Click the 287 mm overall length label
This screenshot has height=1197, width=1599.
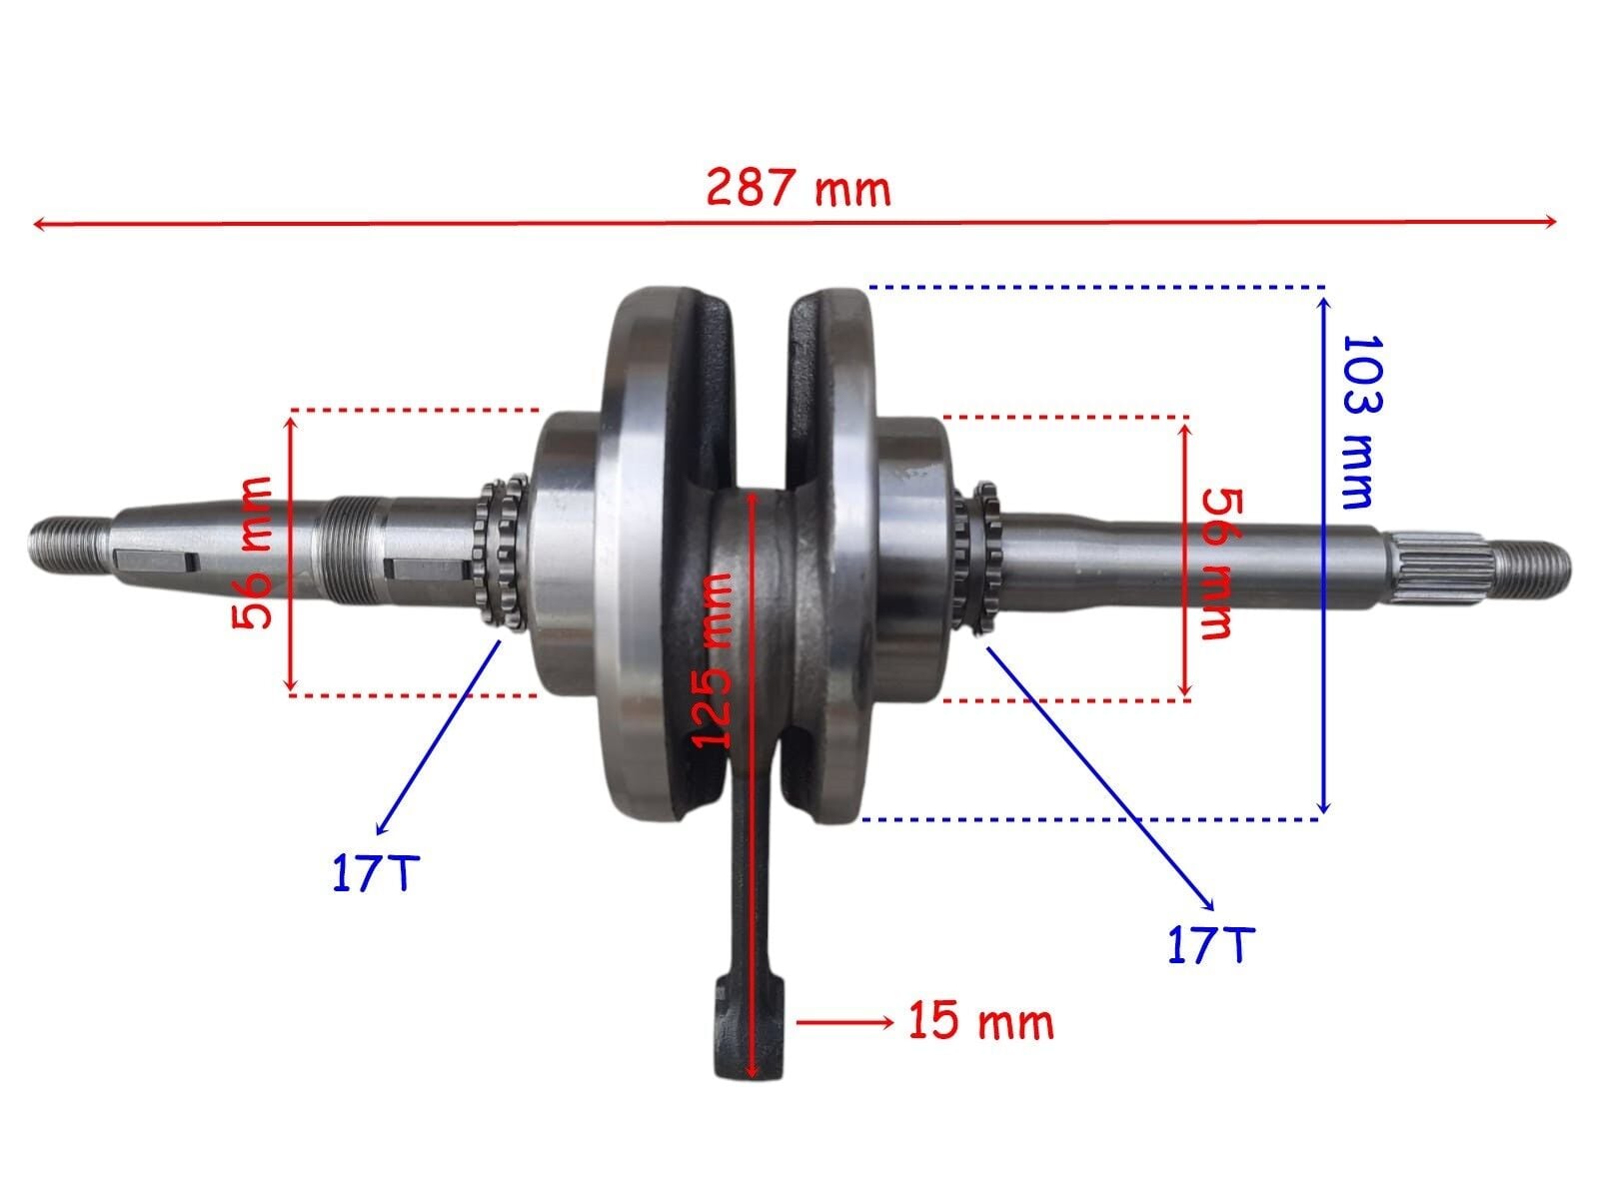point(798,188)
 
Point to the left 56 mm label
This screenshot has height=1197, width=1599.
point(253,553)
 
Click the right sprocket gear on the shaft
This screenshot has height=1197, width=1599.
point(977,556)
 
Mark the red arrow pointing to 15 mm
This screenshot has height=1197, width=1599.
point(844,1021)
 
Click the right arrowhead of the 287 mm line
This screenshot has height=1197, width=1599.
point(1550,222)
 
